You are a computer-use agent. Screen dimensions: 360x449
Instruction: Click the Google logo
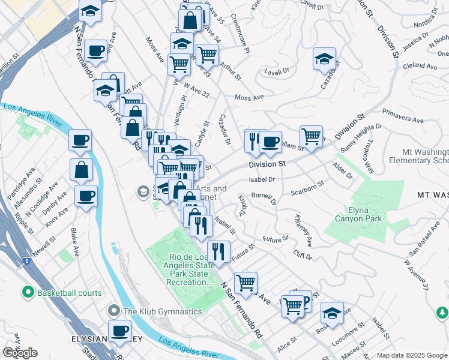pos(20,353)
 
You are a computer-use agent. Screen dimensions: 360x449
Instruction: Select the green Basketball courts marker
pos(27,293)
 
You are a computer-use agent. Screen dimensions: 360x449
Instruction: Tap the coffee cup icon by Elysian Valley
pos(120,330)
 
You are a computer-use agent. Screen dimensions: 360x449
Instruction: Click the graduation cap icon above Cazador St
pos(324,58)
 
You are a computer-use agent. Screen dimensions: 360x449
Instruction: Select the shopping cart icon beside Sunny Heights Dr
pos(311,136)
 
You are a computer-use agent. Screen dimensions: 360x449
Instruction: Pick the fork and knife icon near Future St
pos(218,251)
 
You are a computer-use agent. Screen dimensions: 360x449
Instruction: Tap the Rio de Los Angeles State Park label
pos(187,269)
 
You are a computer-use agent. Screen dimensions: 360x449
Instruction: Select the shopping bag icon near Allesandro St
pos(81,169)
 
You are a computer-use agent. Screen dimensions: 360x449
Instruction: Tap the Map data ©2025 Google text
pos(411,355)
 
